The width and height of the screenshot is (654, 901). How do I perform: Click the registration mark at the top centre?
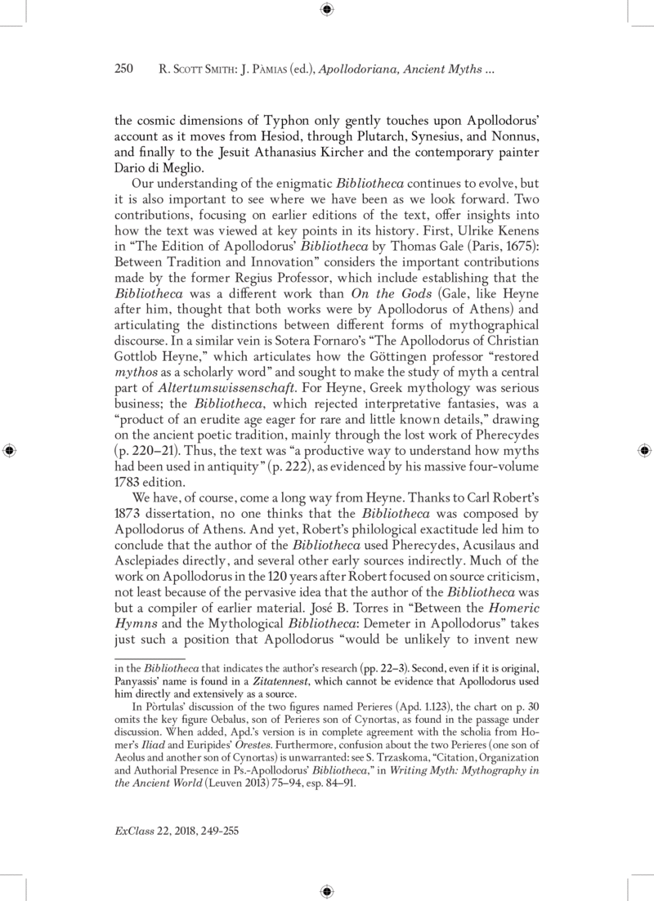(327, 10)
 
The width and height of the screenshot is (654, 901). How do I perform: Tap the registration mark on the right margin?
(643, 450)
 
